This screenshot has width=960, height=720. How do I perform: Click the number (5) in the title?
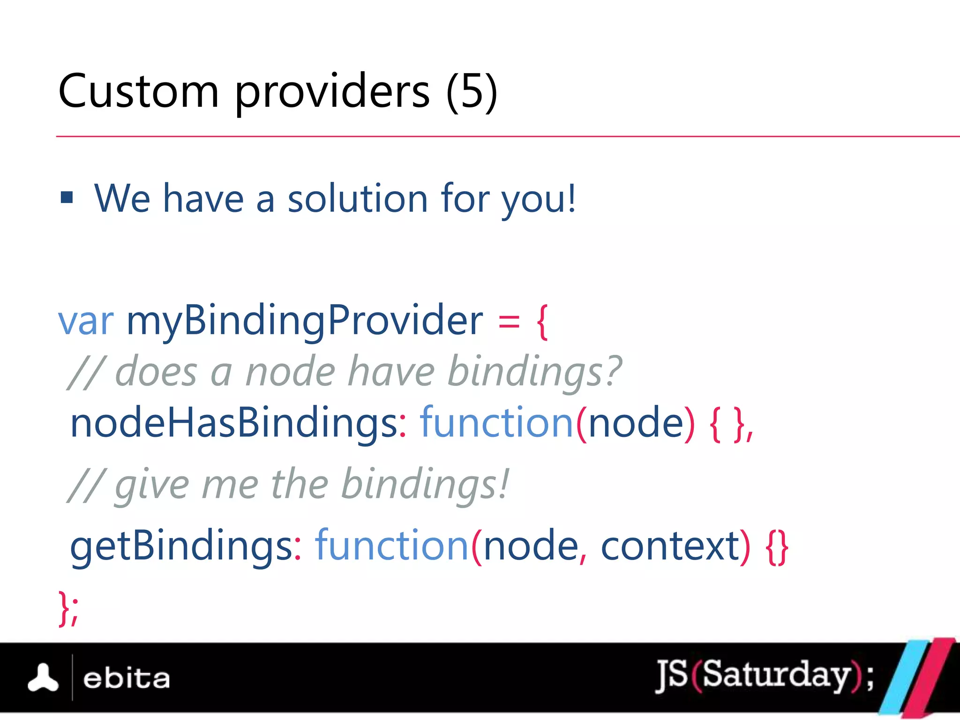(471, 91)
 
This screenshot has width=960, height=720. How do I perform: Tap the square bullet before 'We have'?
(67, 197)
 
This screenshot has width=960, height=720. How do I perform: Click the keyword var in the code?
(86, 321)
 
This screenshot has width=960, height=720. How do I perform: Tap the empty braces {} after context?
(777, 547)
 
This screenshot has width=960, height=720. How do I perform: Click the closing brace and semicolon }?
(68, 608)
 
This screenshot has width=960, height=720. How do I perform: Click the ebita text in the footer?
(126, 679)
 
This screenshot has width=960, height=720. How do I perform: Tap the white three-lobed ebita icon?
(43, 678)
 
